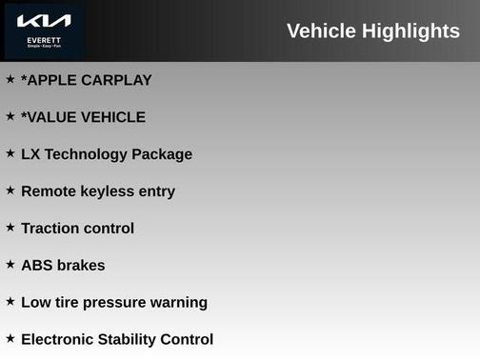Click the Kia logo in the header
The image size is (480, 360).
[44, 21]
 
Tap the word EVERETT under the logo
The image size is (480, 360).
[44, 40]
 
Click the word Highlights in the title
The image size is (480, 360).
[410, 31]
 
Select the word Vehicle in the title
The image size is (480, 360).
[322, 31]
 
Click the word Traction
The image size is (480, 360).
[50, 229]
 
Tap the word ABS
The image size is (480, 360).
[36, 266]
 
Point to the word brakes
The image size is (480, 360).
[81, 266]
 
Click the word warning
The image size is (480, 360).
[181, 303]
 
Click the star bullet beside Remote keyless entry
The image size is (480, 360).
[10, 190]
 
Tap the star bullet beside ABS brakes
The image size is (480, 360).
[10, 265]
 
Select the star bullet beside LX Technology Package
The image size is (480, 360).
[10, 153]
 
